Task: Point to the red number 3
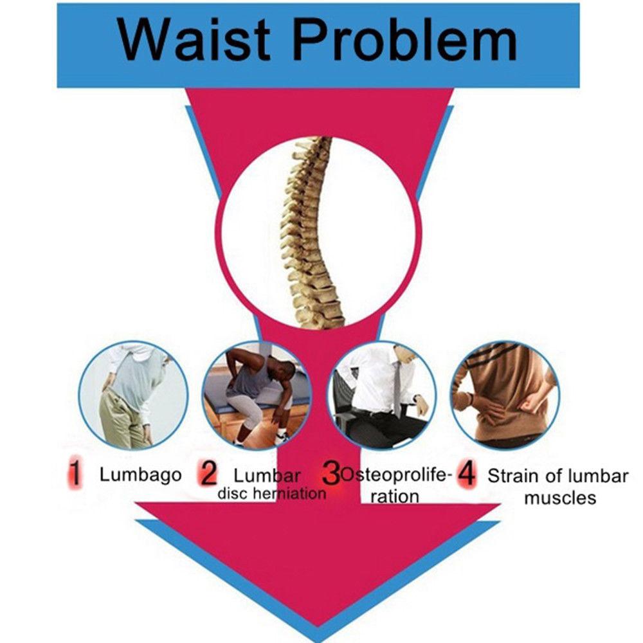(331, 473)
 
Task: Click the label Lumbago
(141, 476)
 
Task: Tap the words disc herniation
(272, 493)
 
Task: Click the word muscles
(560, 498)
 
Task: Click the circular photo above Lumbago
(133, 395)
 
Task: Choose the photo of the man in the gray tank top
(257, 395)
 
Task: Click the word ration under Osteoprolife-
(395, 496)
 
